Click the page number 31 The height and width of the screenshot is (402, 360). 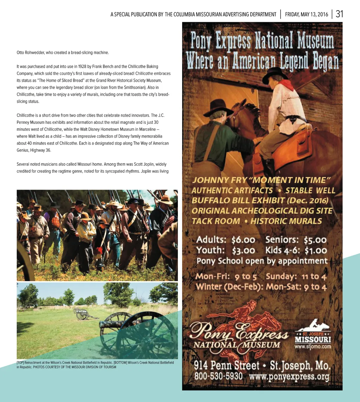[x=339, y=14]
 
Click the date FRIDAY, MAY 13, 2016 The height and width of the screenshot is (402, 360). [x=307, y=14]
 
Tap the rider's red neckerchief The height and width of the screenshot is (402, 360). [x=287, y=84]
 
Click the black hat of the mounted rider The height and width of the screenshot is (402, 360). [x=275, y=73]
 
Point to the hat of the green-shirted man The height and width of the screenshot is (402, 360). [x=218, y=107]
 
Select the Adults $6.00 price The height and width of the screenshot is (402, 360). [x=225, y=240]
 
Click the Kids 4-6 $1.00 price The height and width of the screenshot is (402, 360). [x=296, y=250]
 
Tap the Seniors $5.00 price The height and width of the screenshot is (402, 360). [x=296, y=240]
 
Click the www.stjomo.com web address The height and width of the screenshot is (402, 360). [x=313, y=346]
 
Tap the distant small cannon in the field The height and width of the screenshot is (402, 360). [x=82, y=313]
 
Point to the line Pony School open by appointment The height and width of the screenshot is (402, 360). [x=262, y=261]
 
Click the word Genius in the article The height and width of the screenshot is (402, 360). [x=24, y=150]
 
